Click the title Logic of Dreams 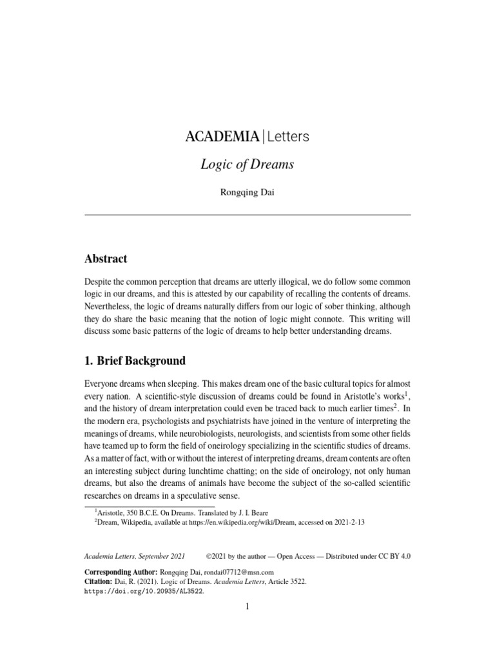click(x=247, y=164)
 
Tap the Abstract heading click(x=106, y=258)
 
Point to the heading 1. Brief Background click(x=135, y=360)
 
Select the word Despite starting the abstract click(x=100, y=282)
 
